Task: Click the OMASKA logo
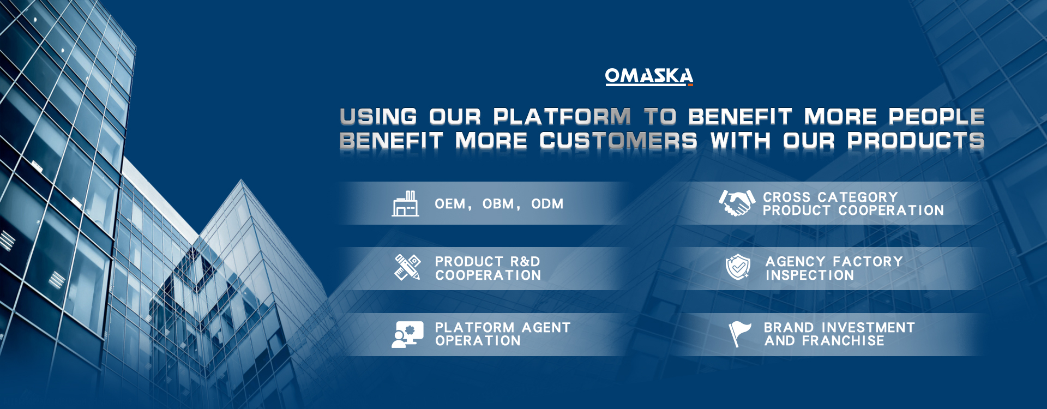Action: [x=649, y=76]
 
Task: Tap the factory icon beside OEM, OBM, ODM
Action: [x=405, y=204]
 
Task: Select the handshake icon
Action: [x=737, y=203]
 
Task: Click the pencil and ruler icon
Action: [x=407, y=267]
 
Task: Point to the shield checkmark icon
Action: [x=738, y=267]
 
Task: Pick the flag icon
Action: [x=740, y=334]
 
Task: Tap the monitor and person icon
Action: [x=407, y=334]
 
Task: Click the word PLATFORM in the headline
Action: [x=562, y=117]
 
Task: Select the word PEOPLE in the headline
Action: [x=936, y=117]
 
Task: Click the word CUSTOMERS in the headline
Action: [x=618, y=141]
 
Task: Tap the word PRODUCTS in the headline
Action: [x=916, y=141]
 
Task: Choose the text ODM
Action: [x=547, y=204]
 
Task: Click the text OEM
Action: [x=450, y=204]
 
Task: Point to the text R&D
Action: [x=525, y=262]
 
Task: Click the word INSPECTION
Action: [x=810, y=275]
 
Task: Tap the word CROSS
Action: [x=786, y=197]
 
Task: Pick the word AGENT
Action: [x=546, y=328]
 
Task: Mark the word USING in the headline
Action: [x=378, y=117]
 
